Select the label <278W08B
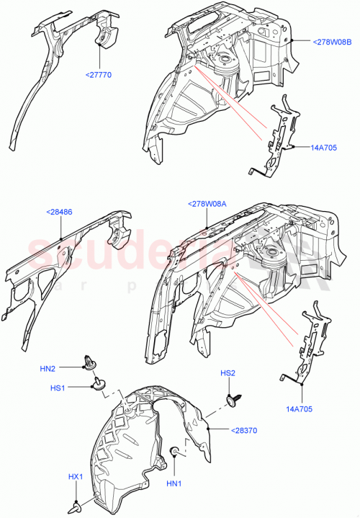click(333, 43)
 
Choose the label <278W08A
click(207, 205)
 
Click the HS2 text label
click(228, 373)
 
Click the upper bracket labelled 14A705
click(280, 137)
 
